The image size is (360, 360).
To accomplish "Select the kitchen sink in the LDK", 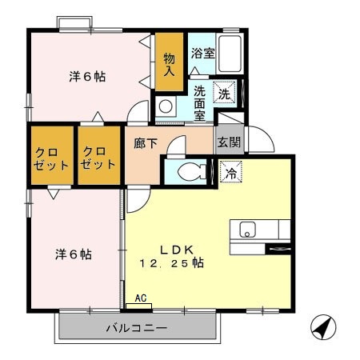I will [246, 230].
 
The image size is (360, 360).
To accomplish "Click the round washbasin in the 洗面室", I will [165, 106].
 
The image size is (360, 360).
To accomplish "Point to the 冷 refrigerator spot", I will [230, 171].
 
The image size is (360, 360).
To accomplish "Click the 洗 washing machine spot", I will [225, 94].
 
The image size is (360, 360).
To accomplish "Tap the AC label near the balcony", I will [141, 298].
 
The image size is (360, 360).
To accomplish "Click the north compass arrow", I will [321, 328].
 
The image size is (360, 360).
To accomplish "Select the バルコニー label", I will [137, 329].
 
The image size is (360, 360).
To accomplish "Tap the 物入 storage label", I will [170, 64].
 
